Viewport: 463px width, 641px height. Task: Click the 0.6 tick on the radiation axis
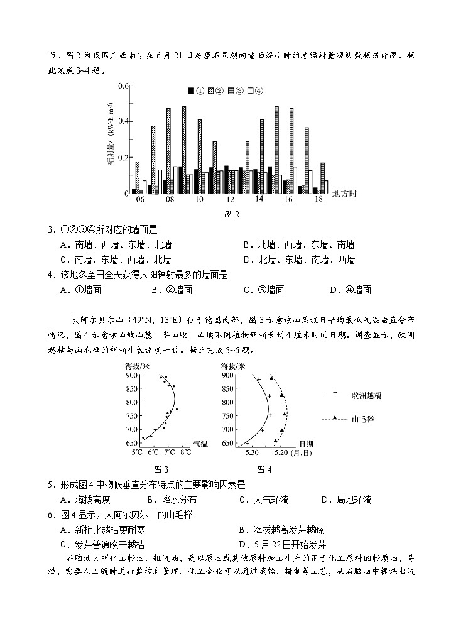(123, 86)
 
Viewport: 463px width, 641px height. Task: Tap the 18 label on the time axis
(319, 199)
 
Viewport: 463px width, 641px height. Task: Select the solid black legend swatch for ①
(190, 91)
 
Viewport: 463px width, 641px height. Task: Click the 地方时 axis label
(344, 194)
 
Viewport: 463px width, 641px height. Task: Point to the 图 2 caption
(232, 214)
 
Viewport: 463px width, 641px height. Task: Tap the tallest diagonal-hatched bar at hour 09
(183, 150)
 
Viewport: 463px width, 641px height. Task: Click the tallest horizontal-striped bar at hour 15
(276, 150)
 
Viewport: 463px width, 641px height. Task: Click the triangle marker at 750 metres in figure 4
(285, 414)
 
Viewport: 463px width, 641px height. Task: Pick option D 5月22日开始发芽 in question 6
(283, 545)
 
